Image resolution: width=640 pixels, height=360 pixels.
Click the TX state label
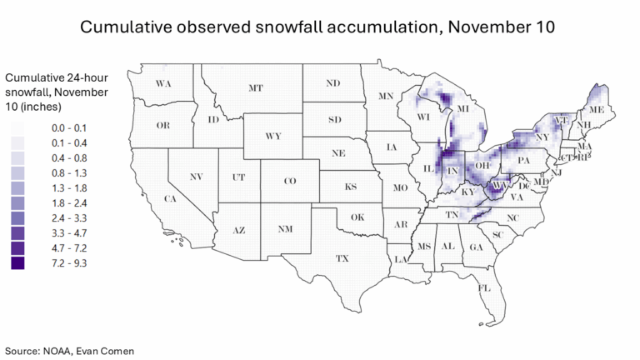tap(342, 259)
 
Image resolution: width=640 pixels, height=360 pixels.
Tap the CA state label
tap(169, 198)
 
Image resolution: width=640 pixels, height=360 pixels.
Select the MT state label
tap(256, 88)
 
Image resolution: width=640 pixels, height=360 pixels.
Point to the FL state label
tap(482, 288)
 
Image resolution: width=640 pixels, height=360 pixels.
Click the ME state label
tap(596, 110)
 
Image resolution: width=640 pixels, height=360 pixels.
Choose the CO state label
tap(289, 181)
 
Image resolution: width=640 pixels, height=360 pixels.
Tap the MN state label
tap(386, 97)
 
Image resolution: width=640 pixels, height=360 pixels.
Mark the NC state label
tap(513, 217)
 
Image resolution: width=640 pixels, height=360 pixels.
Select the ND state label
tap(332, 83)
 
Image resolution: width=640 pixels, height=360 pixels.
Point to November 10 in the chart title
tap(508, 27)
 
